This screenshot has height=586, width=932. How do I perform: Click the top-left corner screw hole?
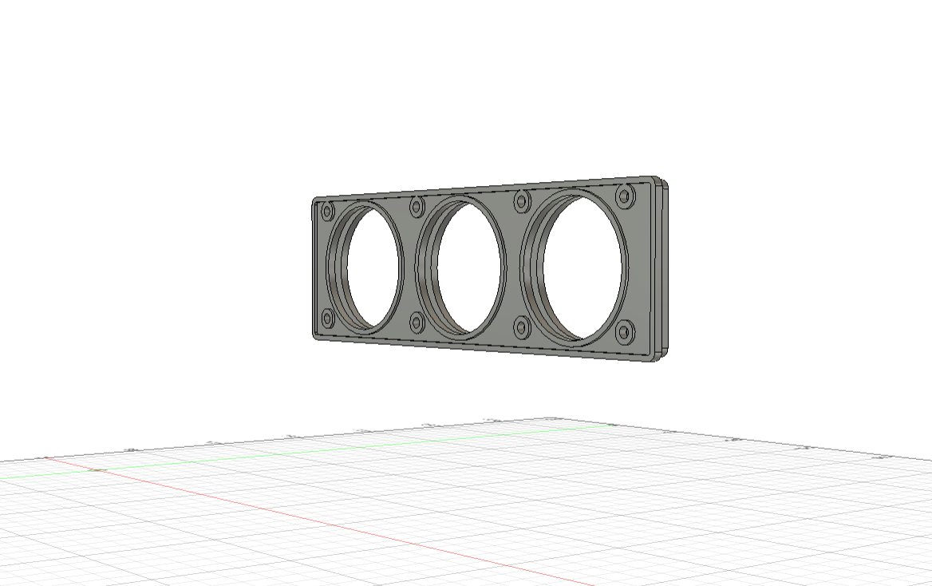pos(326,212)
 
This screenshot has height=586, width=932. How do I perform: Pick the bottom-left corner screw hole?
pos(326,319)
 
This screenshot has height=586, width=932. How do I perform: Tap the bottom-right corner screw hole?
pos(626,330)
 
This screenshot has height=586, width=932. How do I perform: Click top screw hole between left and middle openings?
pos(417,208)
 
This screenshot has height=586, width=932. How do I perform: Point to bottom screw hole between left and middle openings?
pos(417,322)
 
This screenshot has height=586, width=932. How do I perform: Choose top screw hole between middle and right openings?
pos(523,200)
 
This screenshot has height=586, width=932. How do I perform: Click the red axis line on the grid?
pos(319,520)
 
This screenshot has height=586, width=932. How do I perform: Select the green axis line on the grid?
pos(319,453)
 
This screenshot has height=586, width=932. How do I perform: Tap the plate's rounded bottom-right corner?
pos(656,357)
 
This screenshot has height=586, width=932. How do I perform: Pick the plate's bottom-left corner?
pos(316,336)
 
